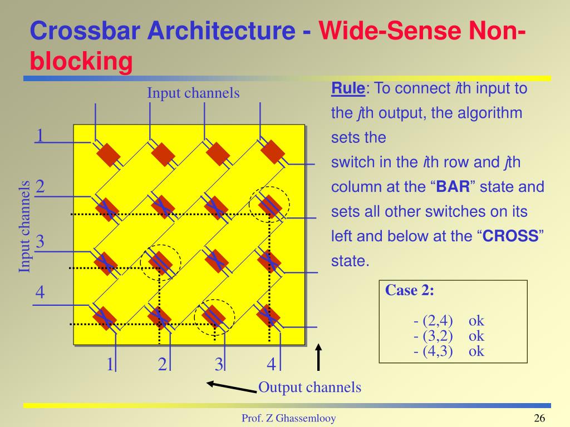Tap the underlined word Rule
[x=348, y=88]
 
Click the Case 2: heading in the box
[x=410, y=291]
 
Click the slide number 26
[x=539, y=419]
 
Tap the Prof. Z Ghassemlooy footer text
[x=288, y=419]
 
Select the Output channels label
[x=310, y=388]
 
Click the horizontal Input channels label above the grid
[x=193, y=93]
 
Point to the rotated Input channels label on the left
[x=24, y=227]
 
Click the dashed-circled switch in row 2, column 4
[x=269, y=206]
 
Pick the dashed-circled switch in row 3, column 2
[x=160, y=261]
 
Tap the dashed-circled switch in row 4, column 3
[x=214, y=316]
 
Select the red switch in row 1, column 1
[x=108, y=154]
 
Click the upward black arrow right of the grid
[x=318, y=356]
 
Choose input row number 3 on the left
[x=40, y=242]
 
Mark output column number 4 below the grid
[x=271, y=365]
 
